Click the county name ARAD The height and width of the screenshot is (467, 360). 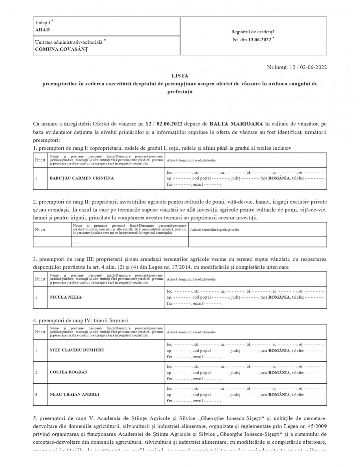(42, 30)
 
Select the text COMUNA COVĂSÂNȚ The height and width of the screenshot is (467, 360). (61, 49)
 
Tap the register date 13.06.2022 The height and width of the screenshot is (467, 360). (260, 39)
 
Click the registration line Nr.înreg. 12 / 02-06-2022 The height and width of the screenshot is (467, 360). (297, 67)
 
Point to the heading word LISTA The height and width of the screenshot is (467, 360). (180, 76)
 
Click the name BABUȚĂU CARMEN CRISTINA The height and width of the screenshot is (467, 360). (82, 178)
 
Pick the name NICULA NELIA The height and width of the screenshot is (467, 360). (66, 297)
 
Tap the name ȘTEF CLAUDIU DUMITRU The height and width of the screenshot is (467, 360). (77, 350)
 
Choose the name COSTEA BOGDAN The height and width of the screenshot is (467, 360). (69, 372)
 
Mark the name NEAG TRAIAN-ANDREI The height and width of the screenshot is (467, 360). (74, 394)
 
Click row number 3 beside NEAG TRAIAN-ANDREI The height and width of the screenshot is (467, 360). (36, 394)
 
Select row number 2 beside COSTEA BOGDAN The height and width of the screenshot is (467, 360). (36, 372)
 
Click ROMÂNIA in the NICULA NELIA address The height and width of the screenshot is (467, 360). (279, 297)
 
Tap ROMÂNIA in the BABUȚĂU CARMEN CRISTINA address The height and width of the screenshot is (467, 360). (279, 178)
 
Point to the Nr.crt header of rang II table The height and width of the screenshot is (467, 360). (40, 229)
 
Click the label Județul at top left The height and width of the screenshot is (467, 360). (43, 23)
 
